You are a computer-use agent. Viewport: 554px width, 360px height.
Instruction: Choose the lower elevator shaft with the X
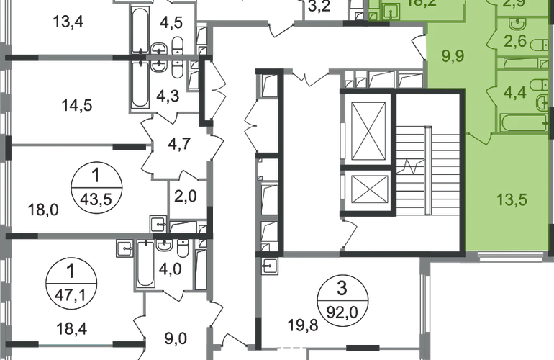368,192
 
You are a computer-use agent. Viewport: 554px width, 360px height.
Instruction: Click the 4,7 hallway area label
176,142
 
